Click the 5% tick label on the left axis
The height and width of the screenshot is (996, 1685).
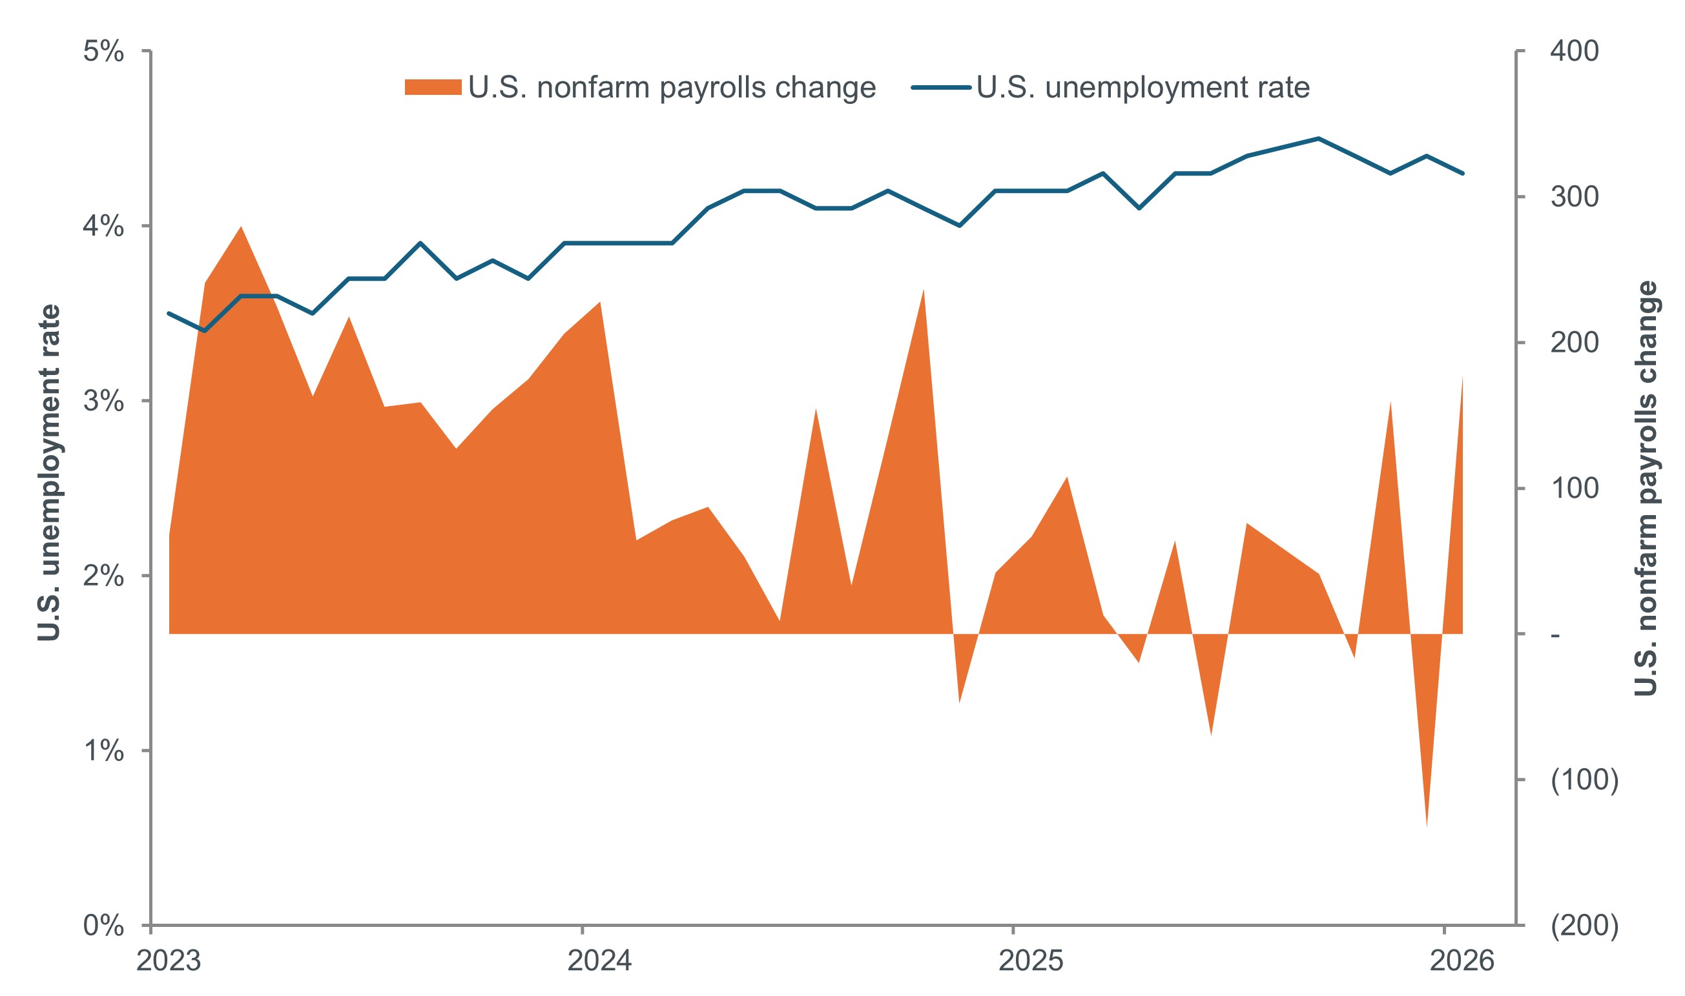click(x=103, y=52)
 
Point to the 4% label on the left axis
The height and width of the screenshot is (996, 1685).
click(x=103, y=227)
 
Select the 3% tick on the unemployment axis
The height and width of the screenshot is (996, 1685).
click(x=103, y=401)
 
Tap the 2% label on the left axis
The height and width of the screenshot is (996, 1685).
click(x=103, y=576)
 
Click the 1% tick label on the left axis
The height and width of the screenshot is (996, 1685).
click(x=103, y=750)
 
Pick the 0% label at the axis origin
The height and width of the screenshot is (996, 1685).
click(x=103, y=926)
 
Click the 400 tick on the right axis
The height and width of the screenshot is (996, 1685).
click(x=1574, y=52)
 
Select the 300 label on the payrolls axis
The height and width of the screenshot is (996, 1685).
click(x=1574, y=198)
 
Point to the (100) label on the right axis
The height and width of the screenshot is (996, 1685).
click(x=1584, y=780)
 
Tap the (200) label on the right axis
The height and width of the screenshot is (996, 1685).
click(x=1584, y=926)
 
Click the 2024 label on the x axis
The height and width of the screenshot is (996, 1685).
click(x=599, y=961)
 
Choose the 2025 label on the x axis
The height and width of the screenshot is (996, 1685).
click(x=1031, y=961)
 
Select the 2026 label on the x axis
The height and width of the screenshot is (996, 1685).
click(x=1462, y=961)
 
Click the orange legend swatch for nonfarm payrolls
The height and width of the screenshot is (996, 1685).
click(x=433, y=87)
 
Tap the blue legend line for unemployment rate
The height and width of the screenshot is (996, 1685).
click(x=940, y=87)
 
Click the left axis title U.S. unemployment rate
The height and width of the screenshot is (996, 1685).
click(x=49, y=473)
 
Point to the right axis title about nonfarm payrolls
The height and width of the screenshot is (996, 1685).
click(x=1646, y=489)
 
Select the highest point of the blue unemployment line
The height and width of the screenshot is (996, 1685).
click(x=1318, y=139)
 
